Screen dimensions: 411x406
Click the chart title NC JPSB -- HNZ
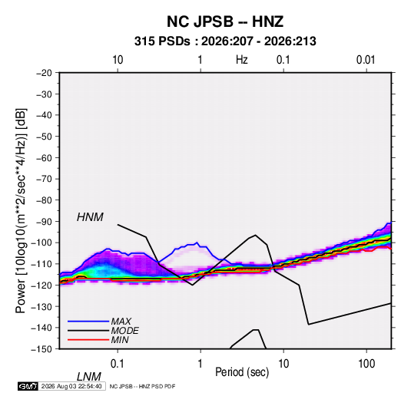(x=225, y=21)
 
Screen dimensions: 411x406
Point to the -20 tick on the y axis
(x=44, y=73)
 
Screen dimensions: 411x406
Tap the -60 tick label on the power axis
(x=44, y=157)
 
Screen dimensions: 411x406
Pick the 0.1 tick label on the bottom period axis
(x=118, y=364)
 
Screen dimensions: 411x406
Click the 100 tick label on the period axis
(x=366, y=364)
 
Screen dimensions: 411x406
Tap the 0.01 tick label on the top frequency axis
(x=366, y=60)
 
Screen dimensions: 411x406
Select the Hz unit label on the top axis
(x=242, y=60)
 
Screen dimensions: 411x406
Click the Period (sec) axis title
(x=242, y=372)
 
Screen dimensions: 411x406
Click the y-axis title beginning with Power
(x=21, y=210)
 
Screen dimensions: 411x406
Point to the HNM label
(x=90, y=217)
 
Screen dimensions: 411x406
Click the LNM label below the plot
(x=89, y=377)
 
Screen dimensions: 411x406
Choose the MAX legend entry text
(x=121, y=321)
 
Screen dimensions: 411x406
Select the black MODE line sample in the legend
(x=88, y=331)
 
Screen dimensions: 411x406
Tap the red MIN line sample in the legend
(x=88, y=340)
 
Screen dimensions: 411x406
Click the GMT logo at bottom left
(x=28, y=386)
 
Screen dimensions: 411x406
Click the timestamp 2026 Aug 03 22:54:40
(x=71, y=386)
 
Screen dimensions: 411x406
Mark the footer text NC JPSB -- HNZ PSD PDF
(x=142, y=386)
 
